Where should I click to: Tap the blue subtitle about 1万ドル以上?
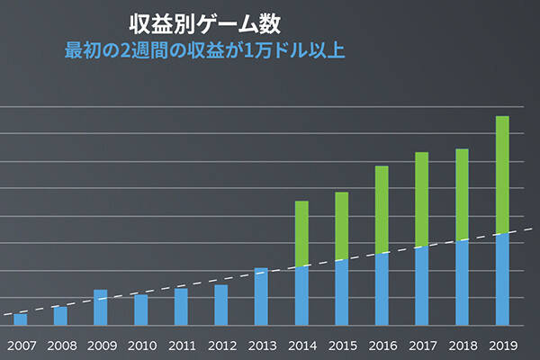(x=205, y=49)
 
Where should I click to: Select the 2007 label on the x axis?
(x=21, y=345)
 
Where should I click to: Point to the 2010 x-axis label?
(x=141, y=345)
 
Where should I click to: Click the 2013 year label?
(x=262, y=345)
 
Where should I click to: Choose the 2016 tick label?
(x=382, y=345)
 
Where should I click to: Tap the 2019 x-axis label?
(x=502, y=345)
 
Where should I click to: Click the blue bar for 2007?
(x=21, y=319)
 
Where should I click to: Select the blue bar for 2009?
(x=101, y=307)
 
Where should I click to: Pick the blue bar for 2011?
(x=181, y=306)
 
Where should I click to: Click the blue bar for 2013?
(x=261, y=296)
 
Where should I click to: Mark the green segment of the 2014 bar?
(x=301, y=233)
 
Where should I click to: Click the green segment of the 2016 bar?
(x=382, y=209)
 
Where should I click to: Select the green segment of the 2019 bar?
(x=502, y=175)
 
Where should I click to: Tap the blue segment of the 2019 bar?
(x=502, y=279)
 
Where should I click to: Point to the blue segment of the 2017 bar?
(x=422, y=285)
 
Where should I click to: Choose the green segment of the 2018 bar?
(x=462, y=194)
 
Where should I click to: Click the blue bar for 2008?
(x=60, y=315)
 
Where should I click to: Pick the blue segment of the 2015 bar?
(x=342, y=292)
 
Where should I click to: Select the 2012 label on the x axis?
(x=221, y=345)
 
